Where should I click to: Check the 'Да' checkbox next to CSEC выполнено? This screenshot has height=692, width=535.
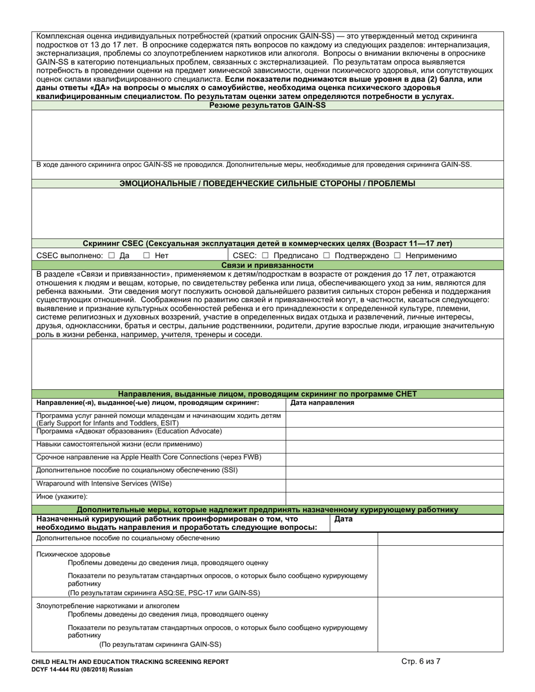111,255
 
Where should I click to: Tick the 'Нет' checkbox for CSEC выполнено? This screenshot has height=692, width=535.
146,255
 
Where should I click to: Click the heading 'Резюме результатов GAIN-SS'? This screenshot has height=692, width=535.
267,105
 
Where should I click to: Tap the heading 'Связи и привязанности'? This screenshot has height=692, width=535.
267,265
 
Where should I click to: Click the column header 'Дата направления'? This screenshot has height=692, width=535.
322,403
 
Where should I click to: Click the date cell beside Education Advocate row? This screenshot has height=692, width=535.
394,432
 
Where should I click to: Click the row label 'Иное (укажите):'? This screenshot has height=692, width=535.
62,497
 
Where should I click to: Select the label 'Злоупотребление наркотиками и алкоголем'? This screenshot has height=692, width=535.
108,606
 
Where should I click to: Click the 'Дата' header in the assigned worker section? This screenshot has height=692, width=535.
344,519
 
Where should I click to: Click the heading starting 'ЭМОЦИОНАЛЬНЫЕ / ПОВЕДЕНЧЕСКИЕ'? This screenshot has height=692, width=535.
267,183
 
